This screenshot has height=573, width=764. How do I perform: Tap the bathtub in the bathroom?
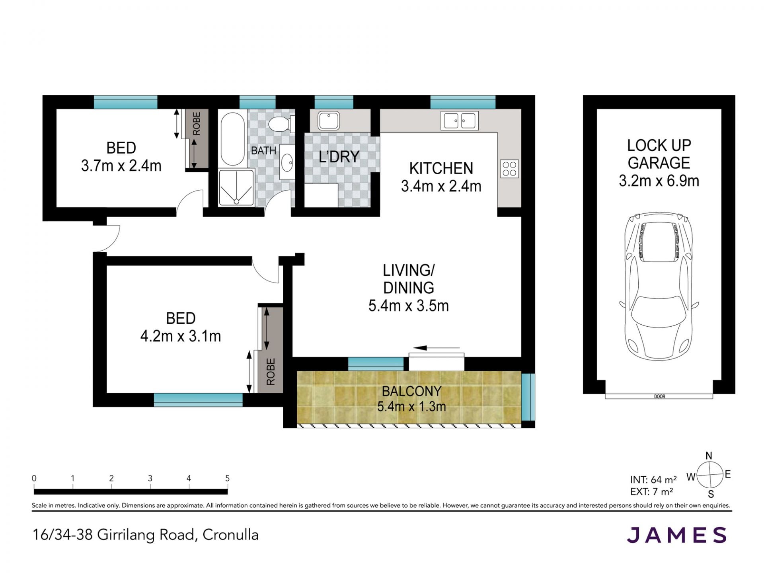(x=232, y=139)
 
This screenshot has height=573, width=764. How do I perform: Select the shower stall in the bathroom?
(x=236, y=187)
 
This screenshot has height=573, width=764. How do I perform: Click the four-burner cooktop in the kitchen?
(x=509, y=169)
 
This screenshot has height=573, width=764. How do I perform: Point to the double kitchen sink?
(x=459, y=121)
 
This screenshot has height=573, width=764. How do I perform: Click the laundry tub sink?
(x=329, y=121)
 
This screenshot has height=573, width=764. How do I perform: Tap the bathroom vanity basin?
(x=286, y=162)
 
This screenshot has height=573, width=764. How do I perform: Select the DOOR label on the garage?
(x=659, y=396)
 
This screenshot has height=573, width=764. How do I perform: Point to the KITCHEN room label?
(x=441, y=168)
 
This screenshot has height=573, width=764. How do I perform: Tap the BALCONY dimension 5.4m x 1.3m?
(x=411, y=407)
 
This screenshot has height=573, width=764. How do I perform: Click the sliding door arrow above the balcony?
(x=436, y=348)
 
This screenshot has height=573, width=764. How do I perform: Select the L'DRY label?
(x=339, y=157)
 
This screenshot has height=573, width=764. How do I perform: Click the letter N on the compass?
(x=709, y=456)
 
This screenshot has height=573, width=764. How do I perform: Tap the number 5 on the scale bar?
(x=227, y=478)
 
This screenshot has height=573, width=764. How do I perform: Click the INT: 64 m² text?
(x=653, y=480)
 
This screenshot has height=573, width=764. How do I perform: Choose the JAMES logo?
(x=677, y=535)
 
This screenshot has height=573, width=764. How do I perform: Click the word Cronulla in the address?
(x=230, y=535)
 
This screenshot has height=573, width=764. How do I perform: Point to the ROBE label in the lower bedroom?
(x=271, y=372)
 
